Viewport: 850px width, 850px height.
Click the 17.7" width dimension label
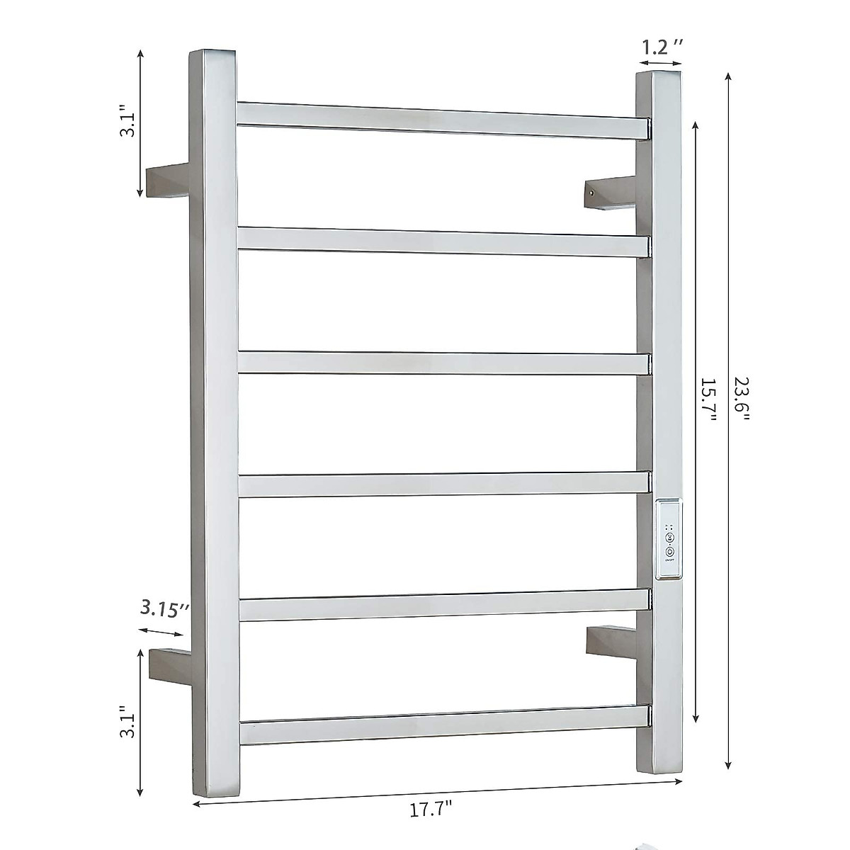click(430, 809)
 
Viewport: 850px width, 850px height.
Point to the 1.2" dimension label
click(662, 47)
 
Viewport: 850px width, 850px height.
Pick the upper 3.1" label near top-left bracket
click(125, 123)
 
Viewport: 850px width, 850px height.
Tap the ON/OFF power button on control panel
click(669, 553)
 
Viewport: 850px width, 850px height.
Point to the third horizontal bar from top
click(444, 363)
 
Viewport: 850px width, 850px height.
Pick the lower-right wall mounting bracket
click(611, 640)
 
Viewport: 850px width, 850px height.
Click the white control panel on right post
click(669, 540)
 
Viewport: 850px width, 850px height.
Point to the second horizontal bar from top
click(444, 242)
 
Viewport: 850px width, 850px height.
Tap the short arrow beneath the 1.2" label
click(660, 64)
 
